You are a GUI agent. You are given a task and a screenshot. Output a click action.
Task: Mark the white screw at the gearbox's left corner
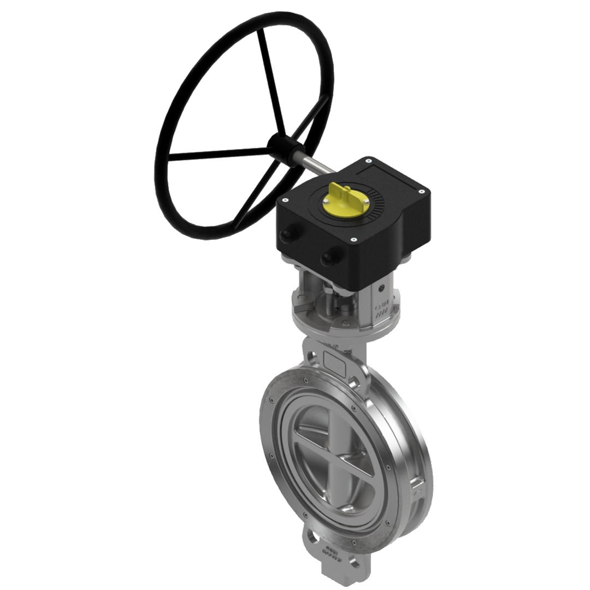285,201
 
